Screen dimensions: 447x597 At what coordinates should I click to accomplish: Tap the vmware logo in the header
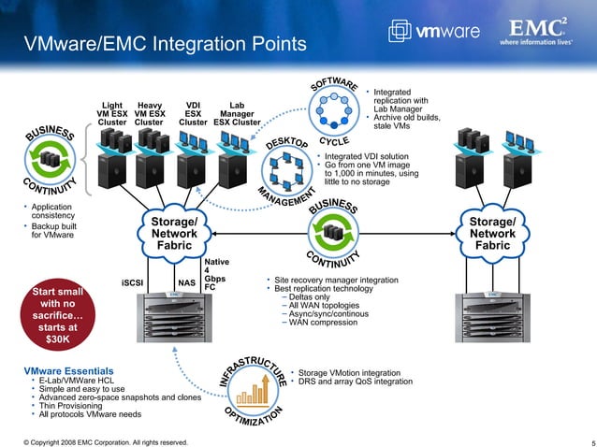[441, 32]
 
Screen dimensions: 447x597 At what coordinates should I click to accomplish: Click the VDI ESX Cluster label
[193, 113]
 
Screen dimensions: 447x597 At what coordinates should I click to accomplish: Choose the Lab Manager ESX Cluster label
[237, 113]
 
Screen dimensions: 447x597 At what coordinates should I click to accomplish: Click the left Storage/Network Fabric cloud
[174, 233]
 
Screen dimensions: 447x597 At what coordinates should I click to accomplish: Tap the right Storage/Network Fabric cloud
[493, 233]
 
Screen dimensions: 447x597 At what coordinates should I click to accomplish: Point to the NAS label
[186, 282]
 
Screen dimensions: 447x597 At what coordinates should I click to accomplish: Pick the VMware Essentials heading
[68, 371]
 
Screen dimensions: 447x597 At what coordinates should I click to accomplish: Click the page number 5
[582, 441]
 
